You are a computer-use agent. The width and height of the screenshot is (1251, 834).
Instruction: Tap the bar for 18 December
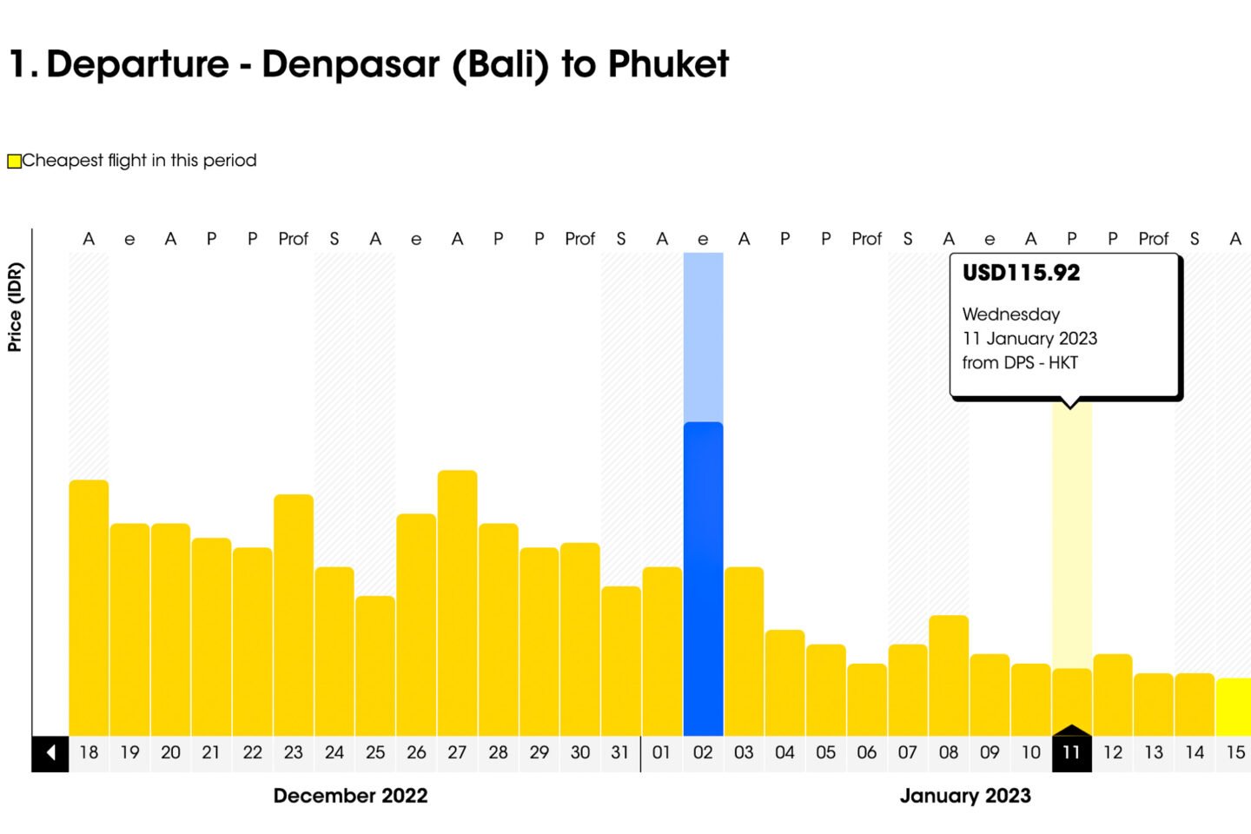pyautogui.click(x=89, y=607)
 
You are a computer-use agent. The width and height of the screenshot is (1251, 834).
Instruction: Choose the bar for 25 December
pyautogui.click(x=375, y=665)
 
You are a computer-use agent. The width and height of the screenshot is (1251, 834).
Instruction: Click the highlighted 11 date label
pyautogui.click(x=1071, y=752)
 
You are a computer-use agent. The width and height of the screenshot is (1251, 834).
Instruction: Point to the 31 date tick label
pyautogui.click(x=619, y=752)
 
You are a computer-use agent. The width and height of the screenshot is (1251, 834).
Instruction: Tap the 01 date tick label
pyautogui.click(x=661, y=752)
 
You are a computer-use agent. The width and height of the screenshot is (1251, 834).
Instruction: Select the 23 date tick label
pyautogui.click(x=294, y=752)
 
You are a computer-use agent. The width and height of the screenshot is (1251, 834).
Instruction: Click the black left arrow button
pyautogui.click(x=50, y=752)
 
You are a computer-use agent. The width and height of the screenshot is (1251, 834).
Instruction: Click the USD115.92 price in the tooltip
pyautogui.click(x=1021, y=273)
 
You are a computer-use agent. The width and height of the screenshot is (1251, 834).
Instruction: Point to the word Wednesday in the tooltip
pyautogui.click(x=1010, y=314)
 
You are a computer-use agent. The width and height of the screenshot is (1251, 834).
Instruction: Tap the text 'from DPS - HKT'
pyautogui.click(x=1019, y=363)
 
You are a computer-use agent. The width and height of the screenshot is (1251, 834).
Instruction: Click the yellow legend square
pyautogui.click(x=14, y=161)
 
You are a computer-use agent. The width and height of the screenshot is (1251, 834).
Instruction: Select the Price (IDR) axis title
pyautogui.click(x=15, y=307)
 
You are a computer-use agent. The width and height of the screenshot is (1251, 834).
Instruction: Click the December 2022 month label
pyautogui.click(x=350, y=796)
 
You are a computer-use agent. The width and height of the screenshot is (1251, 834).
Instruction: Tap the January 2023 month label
pyautogui.click(x=965, y=796)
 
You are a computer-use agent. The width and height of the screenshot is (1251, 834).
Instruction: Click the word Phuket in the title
pyautogui.click(x=668, y=64)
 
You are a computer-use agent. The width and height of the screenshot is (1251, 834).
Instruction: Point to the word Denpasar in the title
pyautogui.click(x=351, y=64)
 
